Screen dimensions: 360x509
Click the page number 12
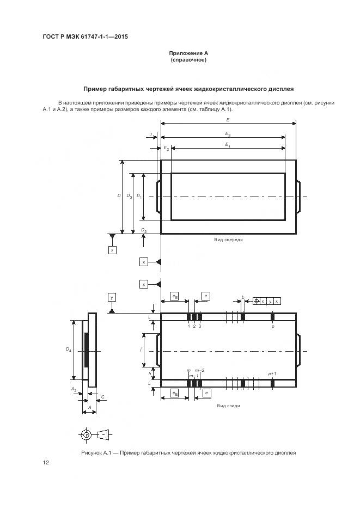point(46,462)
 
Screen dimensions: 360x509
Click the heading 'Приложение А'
point(188,53)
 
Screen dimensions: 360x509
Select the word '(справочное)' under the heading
point(188,60)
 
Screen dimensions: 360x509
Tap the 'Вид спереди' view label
point(228,240)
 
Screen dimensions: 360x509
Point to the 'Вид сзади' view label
point(228,406)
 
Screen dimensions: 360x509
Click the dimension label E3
point(228,134)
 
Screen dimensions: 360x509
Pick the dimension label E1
point(228,145)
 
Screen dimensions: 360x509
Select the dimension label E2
point(166,149)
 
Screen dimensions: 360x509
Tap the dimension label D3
point(129,197)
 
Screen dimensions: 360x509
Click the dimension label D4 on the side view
point(68,349)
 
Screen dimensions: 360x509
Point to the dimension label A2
point(74,389)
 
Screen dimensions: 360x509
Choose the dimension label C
point(103,397)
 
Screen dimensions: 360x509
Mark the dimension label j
point(141,349)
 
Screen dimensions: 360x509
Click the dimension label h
point(150,374)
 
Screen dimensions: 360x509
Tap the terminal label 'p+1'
point(272,374)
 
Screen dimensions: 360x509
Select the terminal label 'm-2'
point(200,370)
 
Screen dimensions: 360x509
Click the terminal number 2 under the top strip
point(194,326)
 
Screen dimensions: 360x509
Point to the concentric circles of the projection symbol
point(86,434)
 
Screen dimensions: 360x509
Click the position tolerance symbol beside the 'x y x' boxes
point(257,301)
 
